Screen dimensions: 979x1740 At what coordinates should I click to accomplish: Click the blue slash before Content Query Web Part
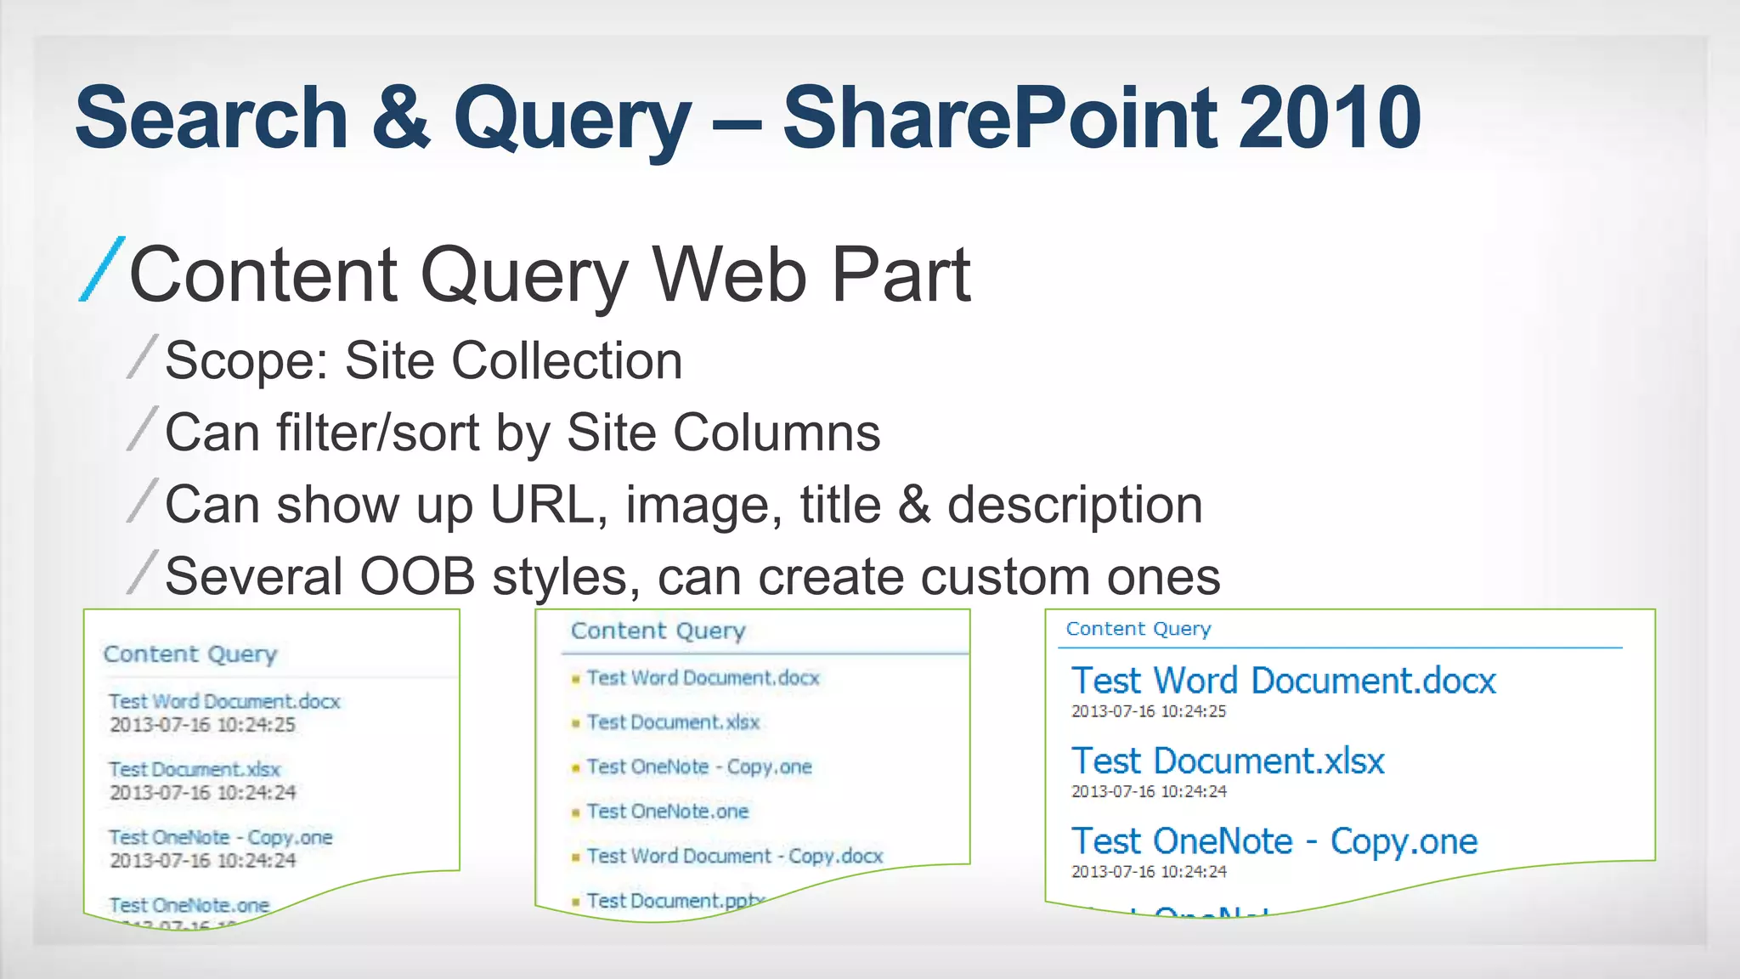click(102, 269)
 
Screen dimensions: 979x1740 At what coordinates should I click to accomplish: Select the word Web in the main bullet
click(728, 274)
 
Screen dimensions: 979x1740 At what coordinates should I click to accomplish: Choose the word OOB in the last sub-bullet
click(416, 577)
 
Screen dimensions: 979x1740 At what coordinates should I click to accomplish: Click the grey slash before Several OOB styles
click(142, 572)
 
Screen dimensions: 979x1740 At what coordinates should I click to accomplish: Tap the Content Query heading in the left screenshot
click(190, 654)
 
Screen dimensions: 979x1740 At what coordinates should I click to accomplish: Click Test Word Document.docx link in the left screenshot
click(224, 701)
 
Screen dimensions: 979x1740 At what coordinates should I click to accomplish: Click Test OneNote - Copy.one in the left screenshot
click(220, 837)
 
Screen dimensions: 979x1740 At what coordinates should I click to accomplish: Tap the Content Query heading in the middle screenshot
click(658, 631)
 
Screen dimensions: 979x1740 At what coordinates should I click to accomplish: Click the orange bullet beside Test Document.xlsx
click(575, 723)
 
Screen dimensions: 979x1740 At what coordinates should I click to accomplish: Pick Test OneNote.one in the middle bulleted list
click(668, 812)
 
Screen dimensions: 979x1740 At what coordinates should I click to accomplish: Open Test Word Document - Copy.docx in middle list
click(735, 856)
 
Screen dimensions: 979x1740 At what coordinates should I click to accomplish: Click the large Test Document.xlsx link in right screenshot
click(1228, 761)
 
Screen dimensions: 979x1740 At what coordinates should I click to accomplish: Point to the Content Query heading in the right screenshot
click(1138, 629)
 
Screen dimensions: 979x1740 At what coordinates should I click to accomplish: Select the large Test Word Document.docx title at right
click(1283, 681)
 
